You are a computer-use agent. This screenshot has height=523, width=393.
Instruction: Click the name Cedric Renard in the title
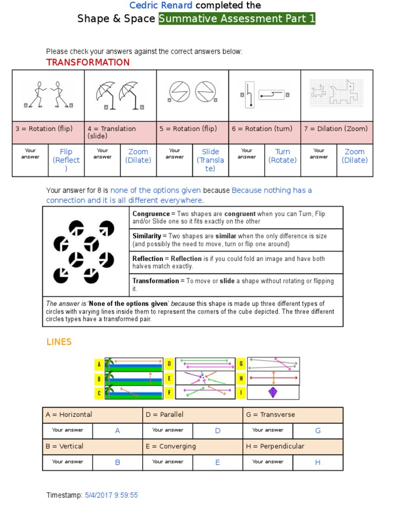[161, 6]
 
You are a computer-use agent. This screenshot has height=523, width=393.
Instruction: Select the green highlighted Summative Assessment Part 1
[237, 19]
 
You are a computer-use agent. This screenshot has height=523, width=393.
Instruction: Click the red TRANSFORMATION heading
[88, 62]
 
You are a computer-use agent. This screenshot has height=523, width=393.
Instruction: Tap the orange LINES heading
[59, 342]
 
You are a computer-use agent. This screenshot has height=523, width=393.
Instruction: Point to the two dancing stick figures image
[49, 94]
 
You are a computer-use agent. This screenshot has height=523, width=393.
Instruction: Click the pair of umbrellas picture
[121, 94]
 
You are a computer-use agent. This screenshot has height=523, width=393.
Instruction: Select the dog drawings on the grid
[337, 93]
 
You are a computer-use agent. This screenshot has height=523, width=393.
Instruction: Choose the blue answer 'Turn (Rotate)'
[282, 156]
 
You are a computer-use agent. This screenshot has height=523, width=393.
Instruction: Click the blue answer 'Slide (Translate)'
[210, 160]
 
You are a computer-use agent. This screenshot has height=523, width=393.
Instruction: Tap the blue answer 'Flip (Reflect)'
[66, 160]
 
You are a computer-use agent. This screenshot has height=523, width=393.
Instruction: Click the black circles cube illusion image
[85, 251]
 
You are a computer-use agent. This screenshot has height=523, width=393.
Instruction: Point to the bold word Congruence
[151, 213]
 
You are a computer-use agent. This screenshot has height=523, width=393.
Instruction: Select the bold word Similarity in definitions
[147, 236]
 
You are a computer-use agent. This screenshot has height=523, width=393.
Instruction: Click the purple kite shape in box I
[273, 392]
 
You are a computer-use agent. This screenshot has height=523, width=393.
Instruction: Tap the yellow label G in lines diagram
[241, 364]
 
